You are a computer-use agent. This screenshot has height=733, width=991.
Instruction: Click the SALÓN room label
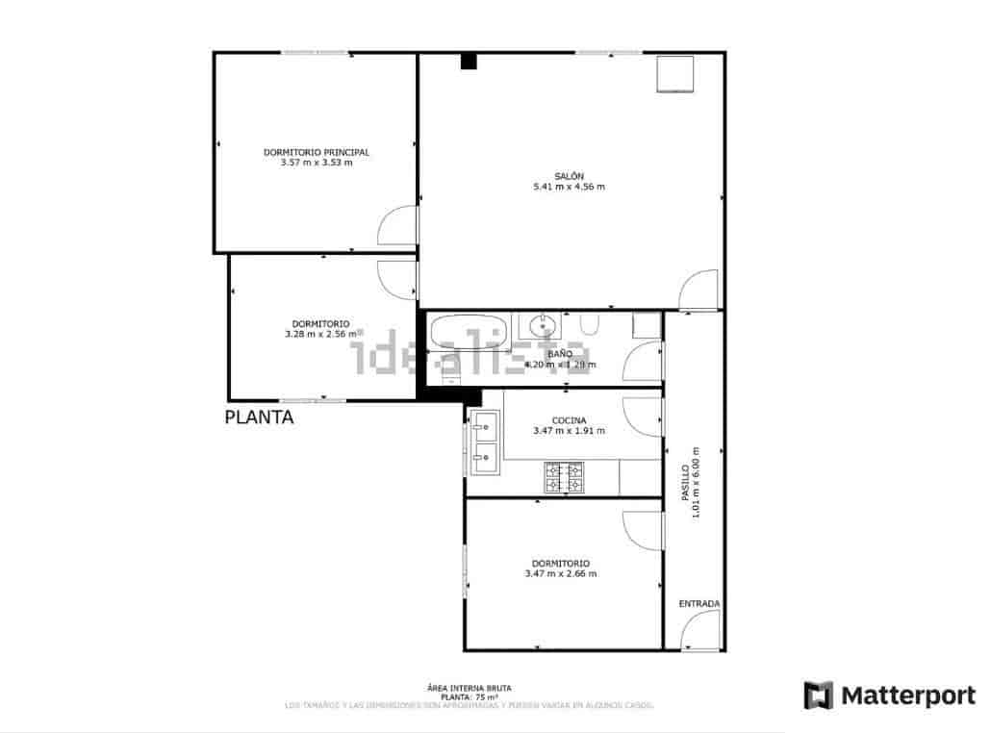[569, 176]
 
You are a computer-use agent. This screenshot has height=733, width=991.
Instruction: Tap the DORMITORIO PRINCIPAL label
[317, 152]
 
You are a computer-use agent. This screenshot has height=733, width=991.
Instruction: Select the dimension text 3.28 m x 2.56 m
[322, 335]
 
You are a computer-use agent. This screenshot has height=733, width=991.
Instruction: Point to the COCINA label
[569, 420]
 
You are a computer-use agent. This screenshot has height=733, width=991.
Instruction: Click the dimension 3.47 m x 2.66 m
[561, 573]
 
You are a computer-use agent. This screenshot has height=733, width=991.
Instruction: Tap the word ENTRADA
[699, 604]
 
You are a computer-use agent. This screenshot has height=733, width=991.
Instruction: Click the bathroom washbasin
[543, 322]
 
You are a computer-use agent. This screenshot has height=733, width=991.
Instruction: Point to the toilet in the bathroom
[591, 324]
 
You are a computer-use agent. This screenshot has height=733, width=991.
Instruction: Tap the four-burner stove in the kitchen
[564, 478]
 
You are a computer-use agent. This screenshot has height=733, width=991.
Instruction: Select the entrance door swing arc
[696, 631]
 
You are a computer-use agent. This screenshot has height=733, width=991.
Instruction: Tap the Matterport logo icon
[818, 695]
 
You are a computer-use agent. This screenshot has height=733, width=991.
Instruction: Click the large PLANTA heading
[259, 417]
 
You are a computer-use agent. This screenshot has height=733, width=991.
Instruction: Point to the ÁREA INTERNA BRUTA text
[469, 688]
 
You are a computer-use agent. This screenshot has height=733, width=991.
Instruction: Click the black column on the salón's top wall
[469, 61]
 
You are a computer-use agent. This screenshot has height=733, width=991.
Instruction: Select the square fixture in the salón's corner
[675, 74]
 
